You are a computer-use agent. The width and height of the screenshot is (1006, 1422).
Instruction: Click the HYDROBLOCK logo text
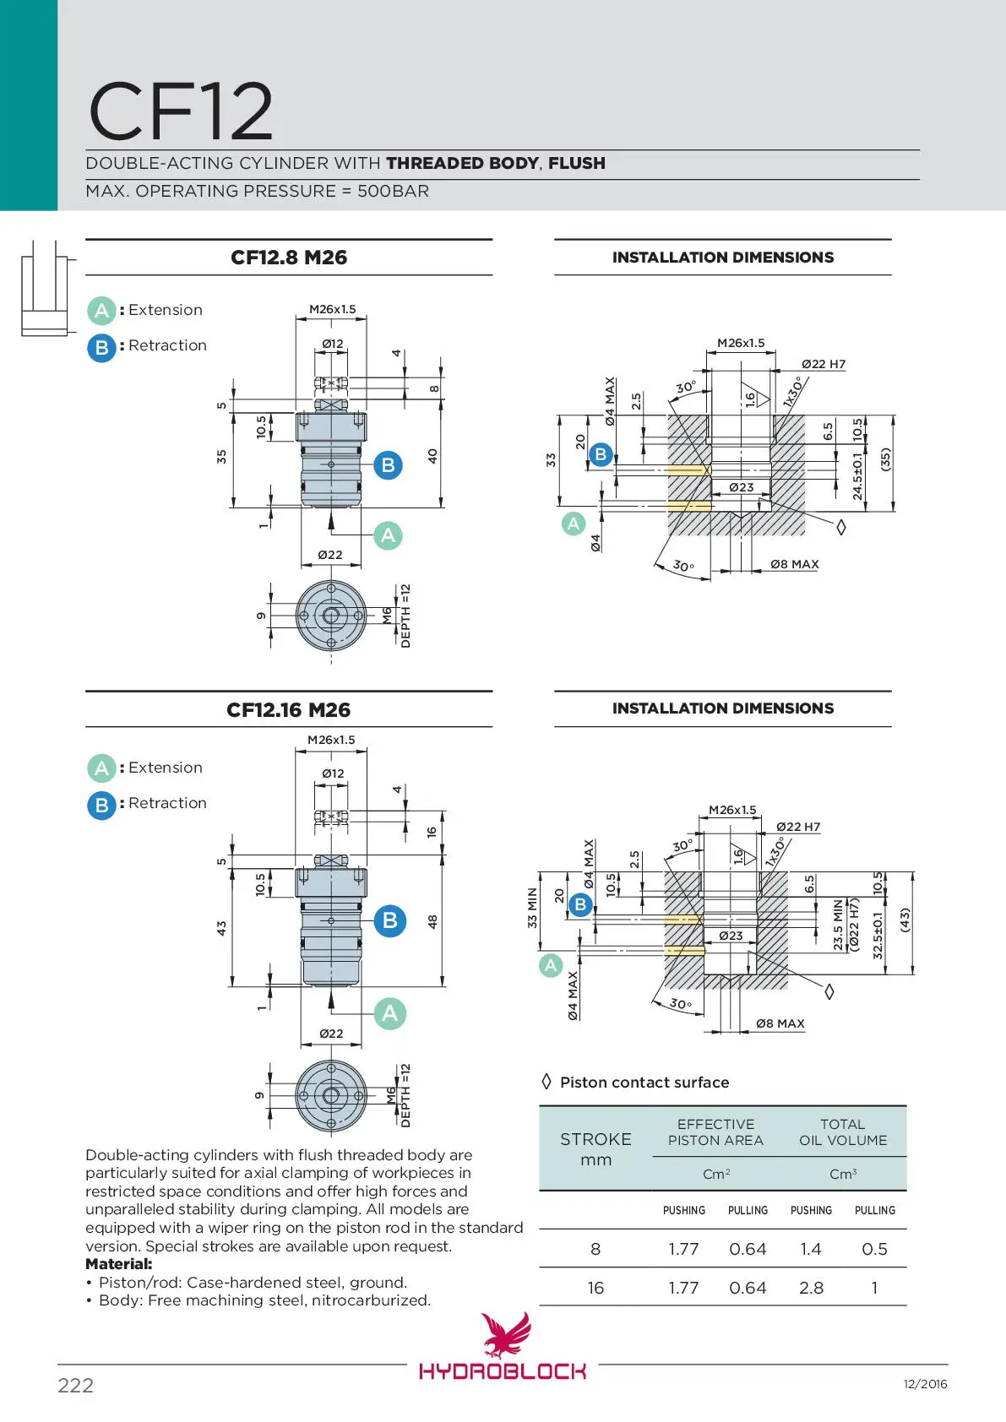[x=503, y=1370]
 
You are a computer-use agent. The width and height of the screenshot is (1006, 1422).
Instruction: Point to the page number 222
[x=75, y=1386]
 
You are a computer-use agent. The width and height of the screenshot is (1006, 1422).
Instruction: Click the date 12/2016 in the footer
[x=925, y=1384]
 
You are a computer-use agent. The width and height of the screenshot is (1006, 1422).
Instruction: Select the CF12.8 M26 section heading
[x=289, y=258]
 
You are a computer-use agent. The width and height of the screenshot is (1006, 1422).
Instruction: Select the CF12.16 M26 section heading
[x=289, y=710]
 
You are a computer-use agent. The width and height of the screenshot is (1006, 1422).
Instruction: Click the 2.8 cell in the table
[x=811, y=1288]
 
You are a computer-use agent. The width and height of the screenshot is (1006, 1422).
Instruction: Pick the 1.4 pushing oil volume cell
[x=811, y=1249]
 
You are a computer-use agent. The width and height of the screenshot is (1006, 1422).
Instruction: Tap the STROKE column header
[x=595, y=1140]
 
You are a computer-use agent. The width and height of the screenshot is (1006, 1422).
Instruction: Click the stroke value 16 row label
[x=595, y=1288]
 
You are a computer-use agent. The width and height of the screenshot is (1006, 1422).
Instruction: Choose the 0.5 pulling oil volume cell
[x=874, y=1249]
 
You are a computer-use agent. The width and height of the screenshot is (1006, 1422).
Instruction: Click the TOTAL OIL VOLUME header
[x=843, y=1132]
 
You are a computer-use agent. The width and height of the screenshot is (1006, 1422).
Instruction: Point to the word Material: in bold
[x=119, y=1264]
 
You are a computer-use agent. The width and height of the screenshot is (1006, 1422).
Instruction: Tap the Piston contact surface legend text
[x=644, y=1083]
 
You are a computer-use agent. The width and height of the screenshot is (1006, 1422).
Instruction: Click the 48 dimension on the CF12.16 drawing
[x=432, y=921]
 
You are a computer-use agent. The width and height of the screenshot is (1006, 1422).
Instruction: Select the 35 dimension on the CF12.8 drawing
[x=221, y=456]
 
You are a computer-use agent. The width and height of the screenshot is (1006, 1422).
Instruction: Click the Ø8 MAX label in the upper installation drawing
[x=794, y=564]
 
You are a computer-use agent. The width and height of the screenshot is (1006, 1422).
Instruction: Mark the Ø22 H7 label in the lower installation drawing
[x=798, y=827]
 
